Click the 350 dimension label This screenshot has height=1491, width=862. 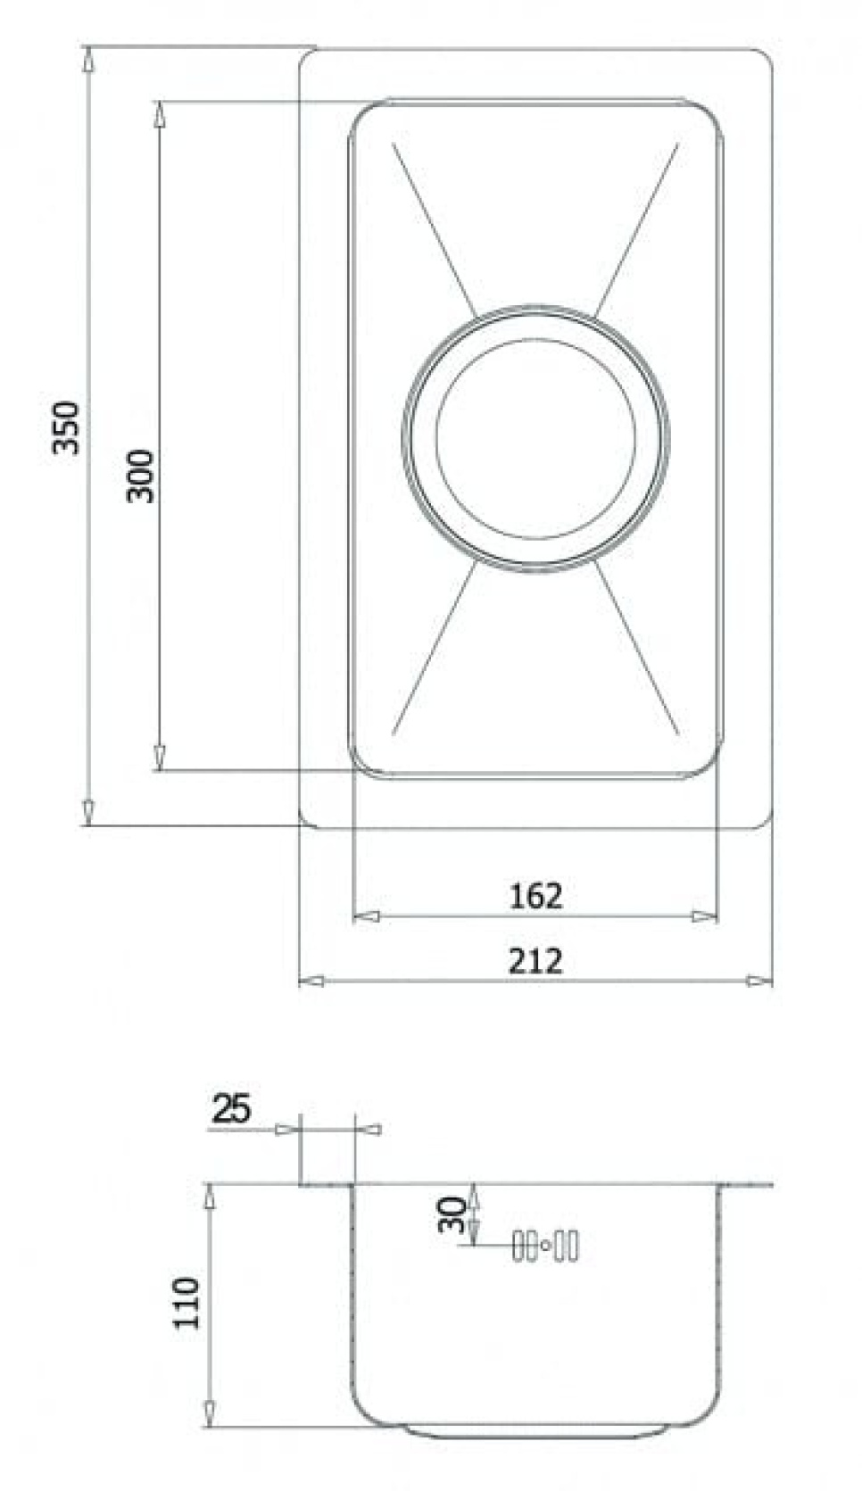click(67, 427)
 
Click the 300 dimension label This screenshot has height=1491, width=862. click(140, 476)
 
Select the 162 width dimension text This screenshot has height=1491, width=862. click(535, 895)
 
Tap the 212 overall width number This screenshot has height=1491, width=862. click(535, 961)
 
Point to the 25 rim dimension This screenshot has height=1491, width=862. click(231, 1109)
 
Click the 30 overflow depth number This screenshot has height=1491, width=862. click(452, 1214)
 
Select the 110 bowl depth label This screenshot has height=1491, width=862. click(186, 1303)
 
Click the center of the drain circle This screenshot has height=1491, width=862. click(535, 437)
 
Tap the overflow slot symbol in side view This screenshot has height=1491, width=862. click(545, 1245)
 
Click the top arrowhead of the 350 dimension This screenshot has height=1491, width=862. click(87, 59)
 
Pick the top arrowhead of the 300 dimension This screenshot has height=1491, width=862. click(159, 113)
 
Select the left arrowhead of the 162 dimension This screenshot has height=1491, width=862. click(366, 915)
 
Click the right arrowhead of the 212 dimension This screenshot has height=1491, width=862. click(759, 981)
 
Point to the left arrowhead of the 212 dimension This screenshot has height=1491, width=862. click(310, 981)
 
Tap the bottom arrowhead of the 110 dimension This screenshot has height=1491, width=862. click(209, 1412)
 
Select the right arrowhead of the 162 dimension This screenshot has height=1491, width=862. click(705, 915)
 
